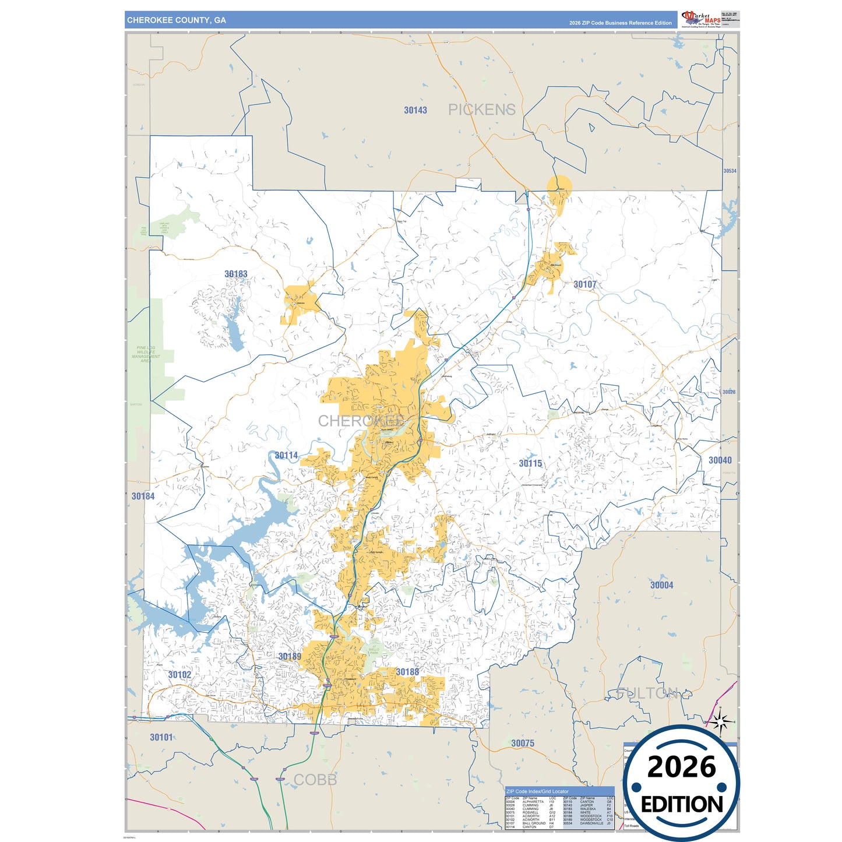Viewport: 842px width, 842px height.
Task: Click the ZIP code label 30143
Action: (415, 110)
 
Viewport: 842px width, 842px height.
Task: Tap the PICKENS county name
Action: (481, 110)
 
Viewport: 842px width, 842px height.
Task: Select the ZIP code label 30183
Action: (236, 274)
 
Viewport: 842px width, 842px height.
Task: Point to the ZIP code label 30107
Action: (585, 284)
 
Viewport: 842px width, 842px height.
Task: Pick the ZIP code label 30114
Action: (286, 456)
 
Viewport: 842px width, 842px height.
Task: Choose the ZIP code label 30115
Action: (530, 463)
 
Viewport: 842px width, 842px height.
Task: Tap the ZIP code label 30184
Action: (143, 496)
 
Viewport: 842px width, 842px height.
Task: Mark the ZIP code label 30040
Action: (720, 460)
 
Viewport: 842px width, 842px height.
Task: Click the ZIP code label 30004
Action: (661, 585)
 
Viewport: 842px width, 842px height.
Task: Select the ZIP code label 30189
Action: (290, 657)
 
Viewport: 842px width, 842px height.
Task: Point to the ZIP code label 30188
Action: (407, 672)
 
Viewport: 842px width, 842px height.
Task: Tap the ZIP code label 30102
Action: (179, 675)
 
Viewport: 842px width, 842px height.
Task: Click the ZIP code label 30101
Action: (161, 737)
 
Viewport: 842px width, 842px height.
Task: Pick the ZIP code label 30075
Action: (523, 743)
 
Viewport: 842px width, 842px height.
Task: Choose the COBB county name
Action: (315, 780)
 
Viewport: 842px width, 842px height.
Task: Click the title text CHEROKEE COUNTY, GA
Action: (177, 20)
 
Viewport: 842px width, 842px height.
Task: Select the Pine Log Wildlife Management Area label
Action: (146, 354)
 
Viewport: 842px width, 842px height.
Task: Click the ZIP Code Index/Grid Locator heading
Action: (537, 792)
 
